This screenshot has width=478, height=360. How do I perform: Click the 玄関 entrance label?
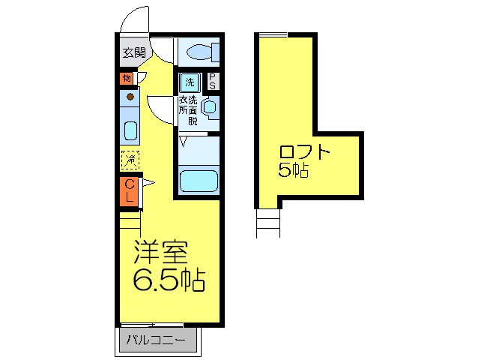135,52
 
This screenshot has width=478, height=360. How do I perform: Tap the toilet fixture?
202,52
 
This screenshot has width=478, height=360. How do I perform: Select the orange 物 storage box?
126,78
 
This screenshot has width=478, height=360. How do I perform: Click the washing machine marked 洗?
189,82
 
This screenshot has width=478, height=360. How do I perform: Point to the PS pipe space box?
213,81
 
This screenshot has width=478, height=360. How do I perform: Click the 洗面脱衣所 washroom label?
188,109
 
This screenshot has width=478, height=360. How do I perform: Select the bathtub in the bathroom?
198,181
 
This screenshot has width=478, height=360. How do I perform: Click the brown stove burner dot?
130,97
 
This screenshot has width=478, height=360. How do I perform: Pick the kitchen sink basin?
130,131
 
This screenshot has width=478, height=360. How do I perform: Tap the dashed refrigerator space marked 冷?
130,159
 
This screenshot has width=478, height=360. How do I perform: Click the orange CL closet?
130,190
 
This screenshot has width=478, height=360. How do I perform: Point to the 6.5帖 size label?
169,280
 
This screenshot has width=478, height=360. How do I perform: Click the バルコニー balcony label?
158,340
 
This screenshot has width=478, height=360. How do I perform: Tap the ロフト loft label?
305,152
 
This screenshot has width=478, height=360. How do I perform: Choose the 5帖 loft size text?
294,171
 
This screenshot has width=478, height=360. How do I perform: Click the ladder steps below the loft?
267,221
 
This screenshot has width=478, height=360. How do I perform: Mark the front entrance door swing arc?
135,22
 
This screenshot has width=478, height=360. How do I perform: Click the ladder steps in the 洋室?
130,222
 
